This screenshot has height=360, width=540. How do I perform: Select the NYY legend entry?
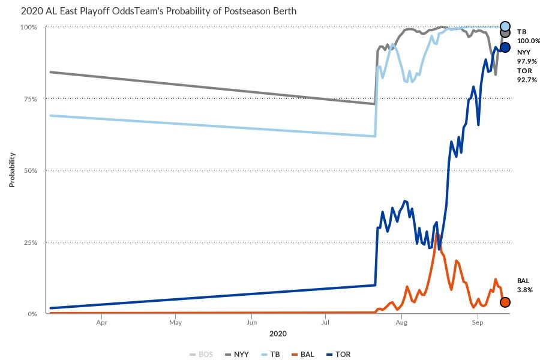[x=237, y=354]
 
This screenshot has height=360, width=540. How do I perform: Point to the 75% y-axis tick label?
[x=31, y=99]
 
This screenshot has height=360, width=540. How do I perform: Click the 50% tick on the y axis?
[x=31, y=170]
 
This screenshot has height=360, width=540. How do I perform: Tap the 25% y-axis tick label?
[x=31, y=242]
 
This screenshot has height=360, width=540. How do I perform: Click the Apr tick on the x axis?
[x=101, y=323]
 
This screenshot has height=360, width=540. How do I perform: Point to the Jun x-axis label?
[x=251, y=323]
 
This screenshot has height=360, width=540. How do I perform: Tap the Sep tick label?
[x=478, y=323]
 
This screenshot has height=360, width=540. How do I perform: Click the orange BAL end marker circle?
[x=505, y=302]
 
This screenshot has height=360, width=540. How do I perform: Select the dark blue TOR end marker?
[x=505, y=47]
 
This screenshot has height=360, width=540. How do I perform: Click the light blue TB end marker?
[x=505, y=26]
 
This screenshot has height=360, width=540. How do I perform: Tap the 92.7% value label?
[x=527, y=80]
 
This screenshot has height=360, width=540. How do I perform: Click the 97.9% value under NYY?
[x=527, y=61]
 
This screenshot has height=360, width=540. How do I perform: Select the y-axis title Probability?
[x=12, y=170]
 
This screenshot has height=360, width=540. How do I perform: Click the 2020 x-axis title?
[x=278, y=333]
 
